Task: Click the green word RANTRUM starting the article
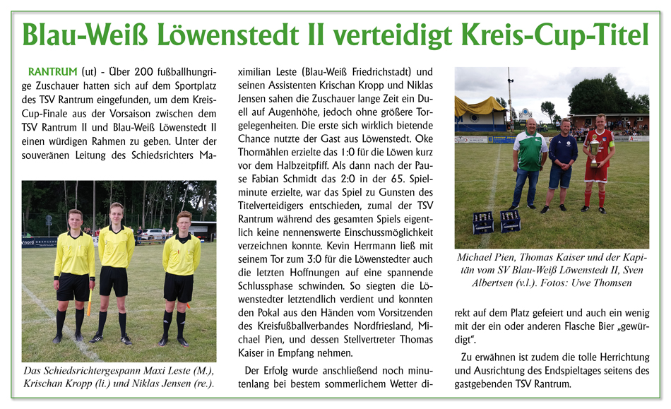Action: click(51, 72)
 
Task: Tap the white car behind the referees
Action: click(155, 233)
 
